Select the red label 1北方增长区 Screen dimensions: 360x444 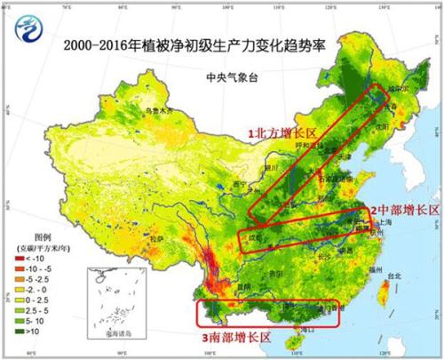(x=278, y=132)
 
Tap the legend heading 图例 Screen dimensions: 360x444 (x=31, y=237)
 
